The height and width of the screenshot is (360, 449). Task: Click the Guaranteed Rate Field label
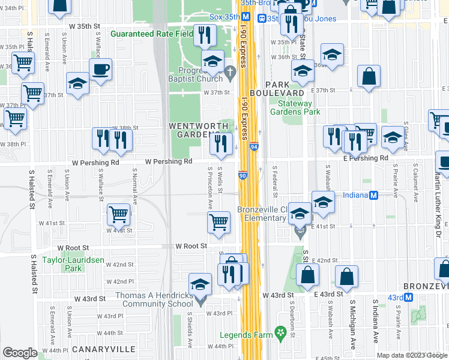tap(152, 34)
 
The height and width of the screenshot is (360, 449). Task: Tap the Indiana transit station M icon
tap(373, 196)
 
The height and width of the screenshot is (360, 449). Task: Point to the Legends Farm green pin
tap(279, 331)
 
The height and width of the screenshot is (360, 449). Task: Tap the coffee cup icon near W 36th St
tap(100, 69)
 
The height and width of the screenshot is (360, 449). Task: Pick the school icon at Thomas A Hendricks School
tap(200, 284)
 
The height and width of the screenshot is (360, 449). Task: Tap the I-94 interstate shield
tap(254, 146)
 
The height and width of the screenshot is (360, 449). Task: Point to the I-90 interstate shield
tap(242, 175)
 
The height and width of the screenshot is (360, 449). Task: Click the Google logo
tap(20, 353)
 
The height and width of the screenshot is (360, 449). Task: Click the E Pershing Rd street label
tap(366, 158)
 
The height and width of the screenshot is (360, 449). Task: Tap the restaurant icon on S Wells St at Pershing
tap(221, 143)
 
